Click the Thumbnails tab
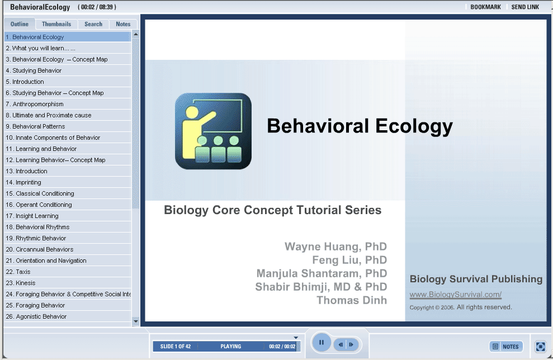(56, 24)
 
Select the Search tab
(93, 24)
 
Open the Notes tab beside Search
(123, 24)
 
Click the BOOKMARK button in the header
(486, 7)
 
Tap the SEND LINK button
(525, 7)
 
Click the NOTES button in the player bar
(506, 347)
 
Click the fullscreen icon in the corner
(540, 347)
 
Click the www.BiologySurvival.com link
(455, 295)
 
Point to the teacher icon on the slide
(213, 131)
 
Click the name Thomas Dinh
(352, 300)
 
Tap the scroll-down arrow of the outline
(136, 321)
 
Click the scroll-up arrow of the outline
(136, 35)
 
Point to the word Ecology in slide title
(414, 126)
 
